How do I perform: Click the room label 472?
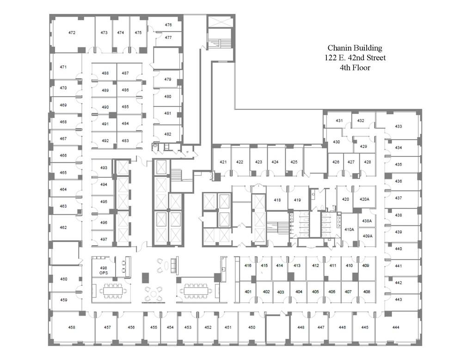72,33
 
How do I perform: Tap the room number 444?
396,327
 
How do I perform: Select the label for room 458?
72,327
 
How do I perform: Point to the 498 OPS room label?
104,270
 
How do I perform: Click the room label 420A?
364,199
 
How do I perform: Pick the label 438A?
367,221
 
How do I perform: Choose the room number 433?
398,126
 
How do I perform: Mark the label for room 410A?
349,230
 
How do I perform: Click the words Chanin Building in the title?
355,48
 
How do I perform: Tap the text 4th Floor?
355,68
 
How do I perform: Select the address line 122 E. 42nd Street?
355,58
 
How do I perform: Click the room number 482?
168,134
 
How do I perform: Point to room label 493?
104,168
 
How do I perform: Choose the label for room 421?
223,162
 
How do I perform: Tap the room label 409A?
368,236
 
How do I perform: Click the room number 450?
251,327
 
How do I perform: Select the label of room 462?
63,228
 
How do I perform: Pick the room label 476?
168,25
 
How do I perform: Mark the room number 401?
248,292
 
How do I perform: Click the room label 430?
336,142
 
